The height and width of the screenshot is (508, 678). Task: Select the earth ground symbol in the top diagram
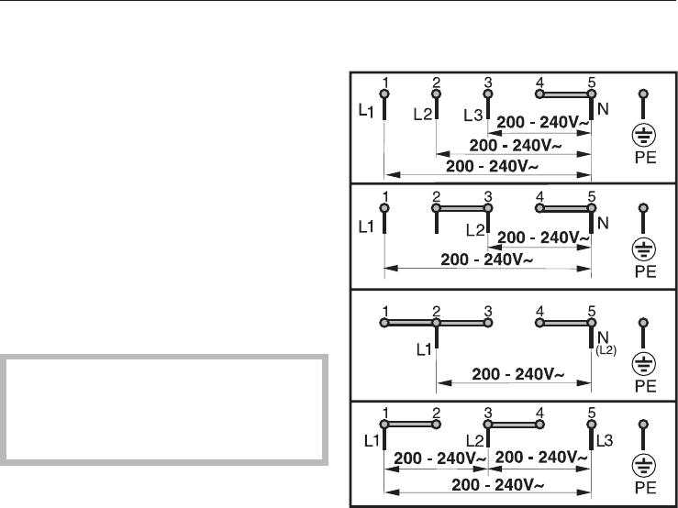[x=644, y=137]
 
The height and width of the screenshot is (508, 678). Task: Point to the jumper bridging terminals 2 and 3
[x=462, y=208]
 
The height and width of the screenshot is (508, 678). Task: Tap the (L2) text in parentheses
[x=607, y=350]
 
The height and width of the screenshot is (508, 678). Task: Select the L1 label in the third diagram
[x=422, y=349]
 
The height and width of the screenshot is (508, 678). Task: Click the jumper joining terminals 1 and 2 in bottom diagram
[x=411, y=425]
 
